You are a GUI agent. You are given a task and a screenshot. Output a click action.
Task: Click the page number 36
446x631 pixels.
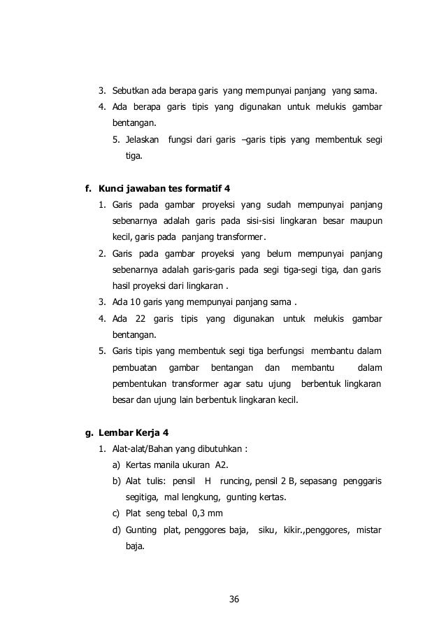(x=234, y=599)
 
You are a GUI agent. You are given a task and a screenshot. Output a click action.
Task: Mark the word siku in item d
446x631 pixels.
(x=266, y=530)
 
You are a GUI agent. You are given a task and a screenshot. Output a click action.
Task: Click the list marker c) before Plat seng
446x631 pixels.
(x=117, y=514)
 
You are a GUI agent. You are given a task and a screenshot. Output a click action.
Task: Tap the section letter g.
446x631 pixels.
(x=87, y=432)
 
